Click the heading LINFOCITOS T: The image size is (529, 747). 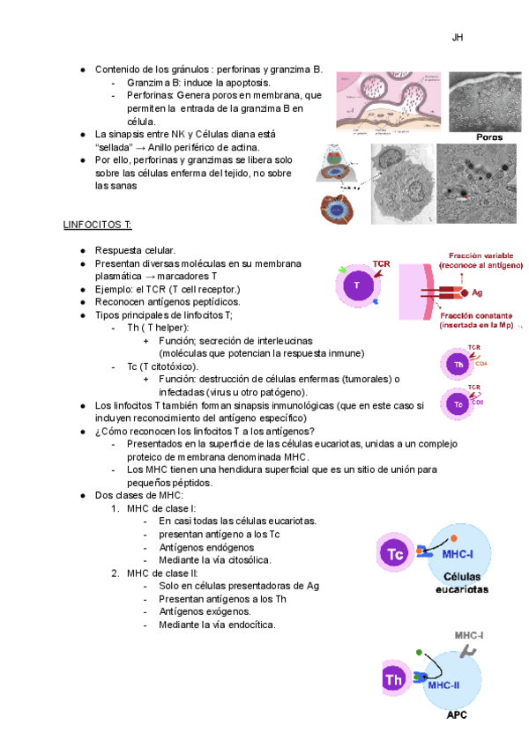click(97, 225)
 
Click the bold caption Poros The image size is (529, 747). click(489, 137)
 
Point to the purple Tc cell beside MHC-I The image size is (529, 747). click(396, 553)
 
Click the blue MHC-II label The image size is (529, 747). click(444, 684)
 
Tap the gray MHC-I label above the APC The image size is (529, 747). click(468, 634)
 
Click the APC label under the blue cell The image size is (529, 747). click(456, 715)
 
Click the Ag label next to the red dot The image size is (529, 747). click(477, 292)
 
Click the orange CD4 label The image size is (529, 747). click(481, 363)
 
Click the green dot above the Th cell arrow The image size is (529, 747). click(420, 653)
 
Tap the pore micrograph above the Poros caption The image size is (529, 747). click(485, 101)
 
